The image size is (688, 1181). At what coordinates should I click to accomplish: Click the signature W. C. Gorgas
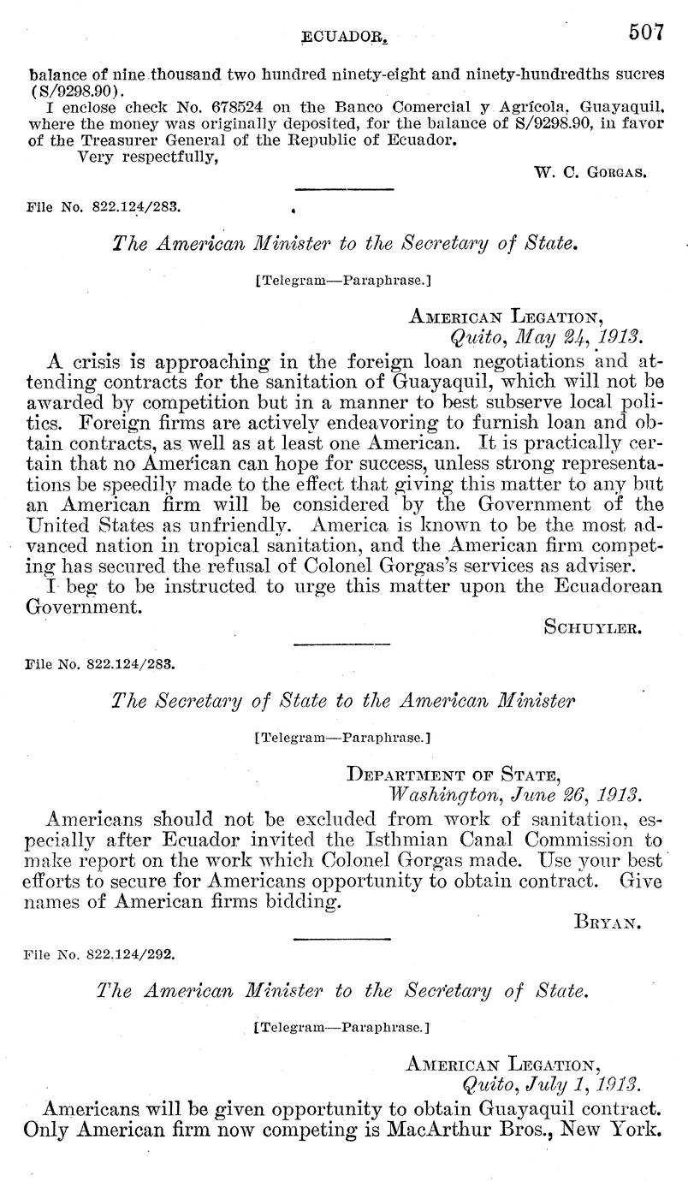[x=590, y=171]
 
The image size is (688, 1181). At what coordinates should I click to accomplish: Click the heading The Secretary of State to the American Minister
[x=343, y=701]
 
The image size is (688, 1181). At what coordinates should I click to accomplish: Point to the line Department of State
[x=454, y=774]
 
